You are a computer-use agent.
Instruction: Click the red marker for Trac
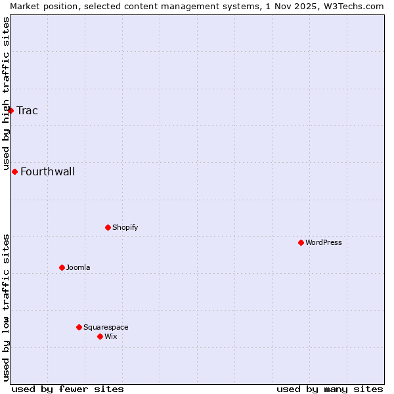[x=11, y=110]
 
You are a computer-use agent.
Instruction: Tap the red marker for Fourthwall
[x=14, y=171]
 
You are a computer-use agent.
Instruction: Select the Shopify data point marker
[x=108, y=227]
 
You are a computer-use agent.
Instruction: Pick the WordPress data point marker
[x=301, y=242]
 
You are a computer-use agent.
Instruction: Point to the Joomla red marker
[x=62, y=267]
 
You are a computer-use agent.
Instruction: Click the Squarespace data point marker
[x=79, y=327]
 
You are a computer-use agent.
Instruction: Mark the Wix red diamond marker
[x=100, y=336]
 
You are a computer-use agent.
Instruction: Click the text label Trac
[x=27, y=110]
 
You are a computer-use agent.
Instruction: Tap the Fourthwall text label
[x=47, y=172]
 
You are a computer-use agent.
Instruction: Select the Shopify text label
[x=125, y=227]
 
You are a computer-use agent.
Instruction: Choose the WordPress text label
[x=323, y=242]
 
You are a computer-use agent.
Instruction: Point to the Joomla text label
[x=78, y=267]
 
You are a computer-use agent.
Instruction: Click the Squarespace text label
[x=106, y=327]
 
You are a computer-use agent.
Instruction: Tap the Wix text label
[x=110, y=336]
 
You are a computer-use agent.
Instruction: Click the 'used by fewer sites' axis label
[x=68, y=389]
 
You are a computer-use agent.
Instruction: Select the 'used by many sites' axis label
[x=330, y=389]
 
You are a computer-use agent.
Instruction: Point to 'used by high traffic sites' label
[x=6, y=93]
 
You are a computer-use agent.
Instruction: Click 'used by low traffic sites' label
[x=6, y=307]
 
